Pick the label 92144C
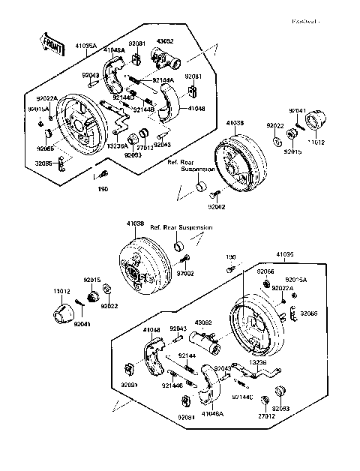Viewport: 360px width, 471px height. click(242, 396)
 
